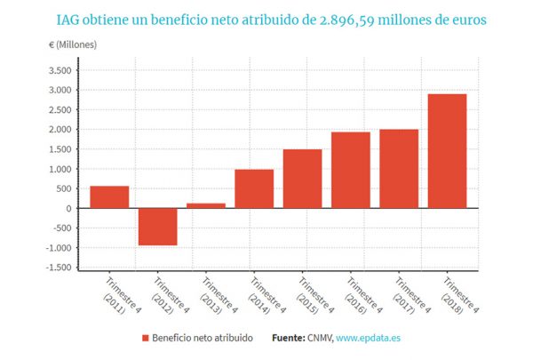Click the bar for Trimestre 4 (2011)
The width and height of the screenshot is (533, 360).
(109, 196)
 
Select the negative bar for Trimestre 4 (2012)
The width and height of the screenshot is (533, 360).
(157, 227)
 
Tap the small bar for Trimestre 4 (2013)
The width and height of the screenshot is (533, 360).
(206, 205)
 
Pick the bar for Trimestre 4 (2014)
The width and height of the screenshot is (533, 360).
(254, 188)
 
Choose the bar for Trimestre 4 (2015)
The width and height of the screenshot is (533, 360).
(302, 179)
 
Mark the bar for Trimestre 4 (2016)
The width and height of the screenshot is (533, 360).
(351, 170)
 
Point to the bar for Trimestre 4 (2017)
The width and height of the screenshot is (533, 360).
(399, 169)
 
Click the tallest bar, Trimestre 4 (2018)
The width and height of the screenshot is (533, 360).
(447, 151)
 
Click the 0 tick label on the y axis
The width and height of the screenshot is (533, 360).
(68, 209)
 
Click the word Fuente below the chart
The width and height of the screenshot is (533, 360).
(289, 339)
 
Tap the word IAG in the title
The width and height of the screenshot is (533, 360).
(69, 18)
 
